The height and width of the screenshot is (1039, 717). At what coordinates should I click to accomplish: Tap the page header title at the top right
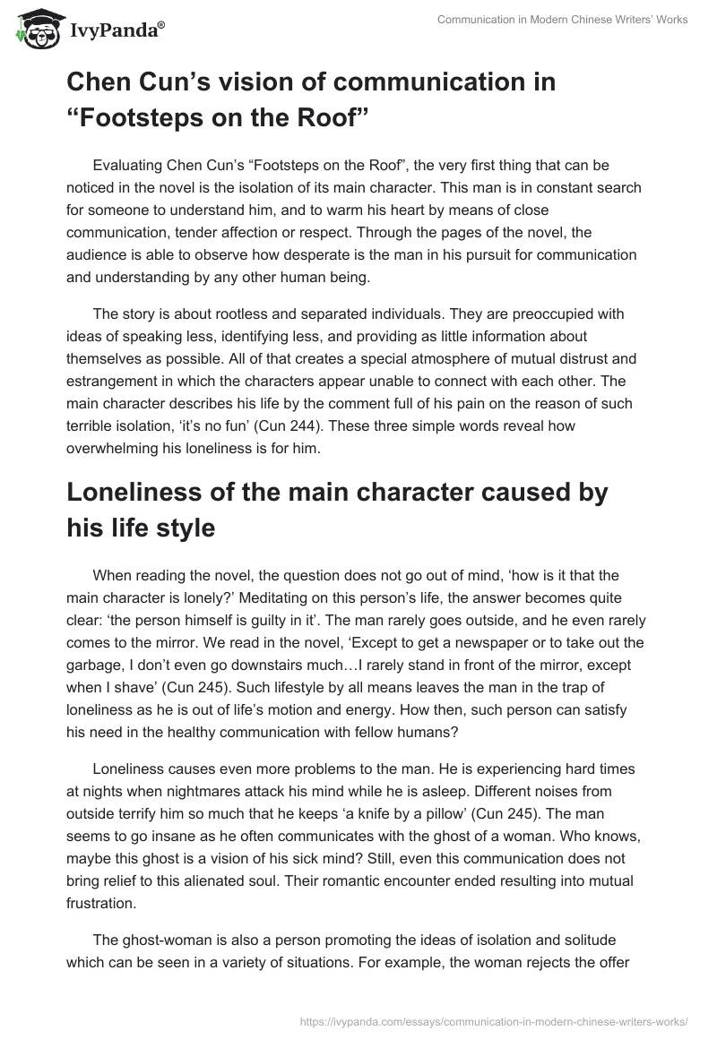click(x=562, y=21)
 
